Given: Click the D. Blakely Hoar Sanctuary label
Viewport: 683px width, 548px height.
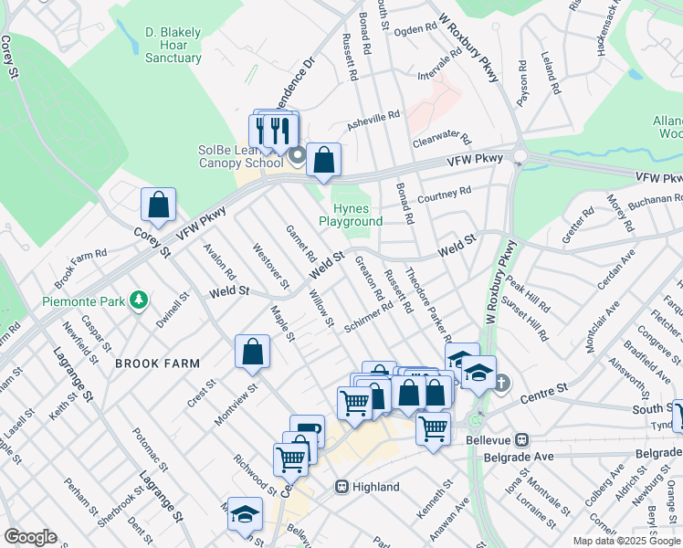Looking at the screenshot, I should pos(173,46).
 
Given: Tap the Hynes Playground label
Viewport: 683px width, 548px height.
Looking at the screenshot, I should pos(351,216).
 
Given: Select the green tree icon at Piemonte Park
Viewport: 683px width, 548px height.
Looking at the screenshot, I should pos(139,300).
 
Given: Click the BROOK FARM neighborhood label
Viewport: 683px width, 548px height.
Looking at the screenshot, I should pos(157,364).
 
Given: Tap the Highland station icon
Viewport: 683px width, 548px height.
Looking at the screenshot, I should pos(342,487).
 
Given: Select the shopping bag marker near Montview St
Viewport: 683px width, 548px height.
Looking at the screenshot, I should pos(253,353).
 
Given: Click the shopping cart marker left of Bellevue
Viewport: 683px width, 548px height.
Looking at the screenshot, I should pos(434,427).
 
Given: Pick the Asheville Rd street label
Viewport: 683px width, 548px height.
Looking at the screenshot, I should pos(373,120).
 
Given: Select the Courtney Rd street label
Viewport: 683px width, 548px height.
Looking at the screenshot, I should pos(443,195).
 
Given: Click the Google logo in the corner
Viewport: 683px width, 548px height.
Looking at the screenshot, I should pos(30,537).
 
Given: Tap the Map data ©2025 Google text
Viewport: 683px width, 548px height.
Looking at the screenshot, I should pos(626,541).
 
